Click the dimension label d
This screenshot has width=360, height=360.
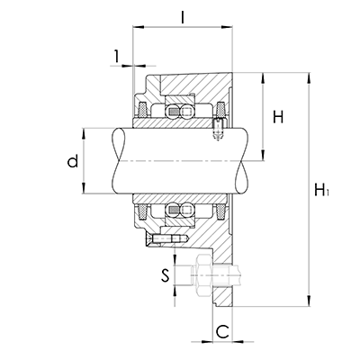(73, 161)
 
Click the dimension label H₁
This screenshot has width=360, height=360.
(321, 190)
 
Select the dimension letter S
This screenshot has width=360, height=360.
(165, 275)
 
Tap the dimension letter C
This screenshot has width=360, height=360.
(223, 331)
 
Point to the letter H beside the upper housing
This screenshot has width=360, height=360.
(278, 117)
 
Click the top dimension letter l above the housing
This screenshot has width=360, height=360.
(183, 17)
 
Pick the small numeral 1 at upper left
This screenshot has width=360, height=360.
(116, 56)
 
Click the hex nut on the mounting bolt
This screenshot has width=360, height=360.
(203, 275)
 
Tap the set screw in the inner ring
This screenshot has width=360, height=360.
(218, 129)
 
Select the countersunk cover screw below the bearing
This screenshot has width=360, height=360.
(166, 238)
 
